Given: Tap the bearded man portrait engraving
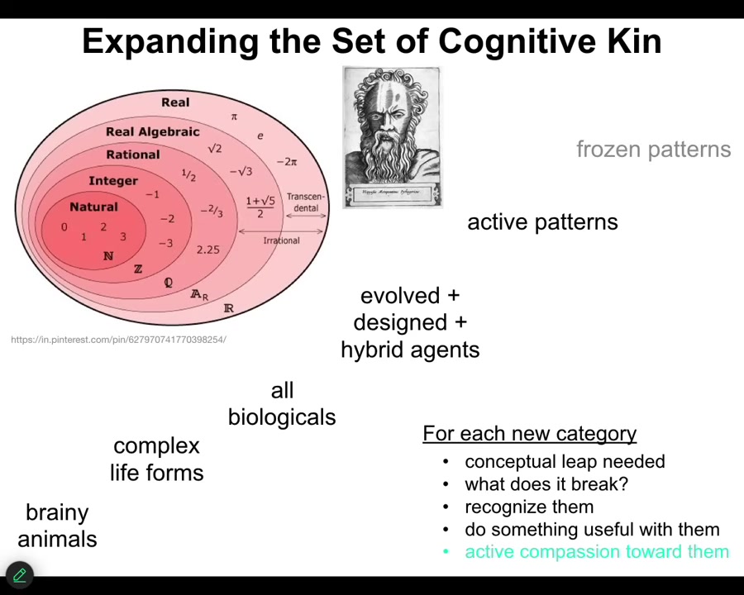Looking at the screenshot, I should point(392,137).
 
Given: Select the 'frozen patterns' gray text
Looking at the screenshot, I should point(653,150).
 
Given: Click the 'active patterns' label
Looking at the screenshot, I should point(542,222).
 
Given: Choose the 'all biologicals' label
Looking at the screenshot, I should point(282,404).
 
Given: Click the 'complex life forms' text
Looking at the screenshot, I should point(157,459).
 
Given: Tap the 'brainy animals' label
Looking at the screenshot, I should point(57,526).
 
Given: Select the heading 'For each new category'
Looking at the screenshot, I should point(529,434).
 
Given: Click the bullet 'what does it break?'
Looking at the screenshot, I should point(546,484).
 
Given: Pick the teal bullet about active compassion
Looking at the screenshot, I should point(596,552).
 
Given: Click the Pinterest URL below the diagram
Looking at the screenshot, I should point(118,340).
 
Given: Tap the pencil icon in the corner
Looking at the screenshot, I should point(19,575).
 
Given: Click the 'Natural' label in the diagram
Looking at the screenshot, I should point(93,207).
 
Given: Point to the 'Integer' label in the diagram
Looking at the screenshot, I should point(113,181).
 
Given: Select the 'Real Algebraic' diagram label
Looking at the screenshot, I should point(153,131).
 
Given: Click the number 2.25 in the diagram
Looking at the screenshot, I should point(207,250).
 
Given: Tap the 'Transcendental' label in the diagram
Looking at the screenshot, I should point(306,202).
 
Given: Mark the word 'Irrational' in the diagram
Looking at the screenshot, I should point(281,240).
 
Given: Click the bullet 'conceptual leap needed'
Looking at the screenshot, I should point(565,462).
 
